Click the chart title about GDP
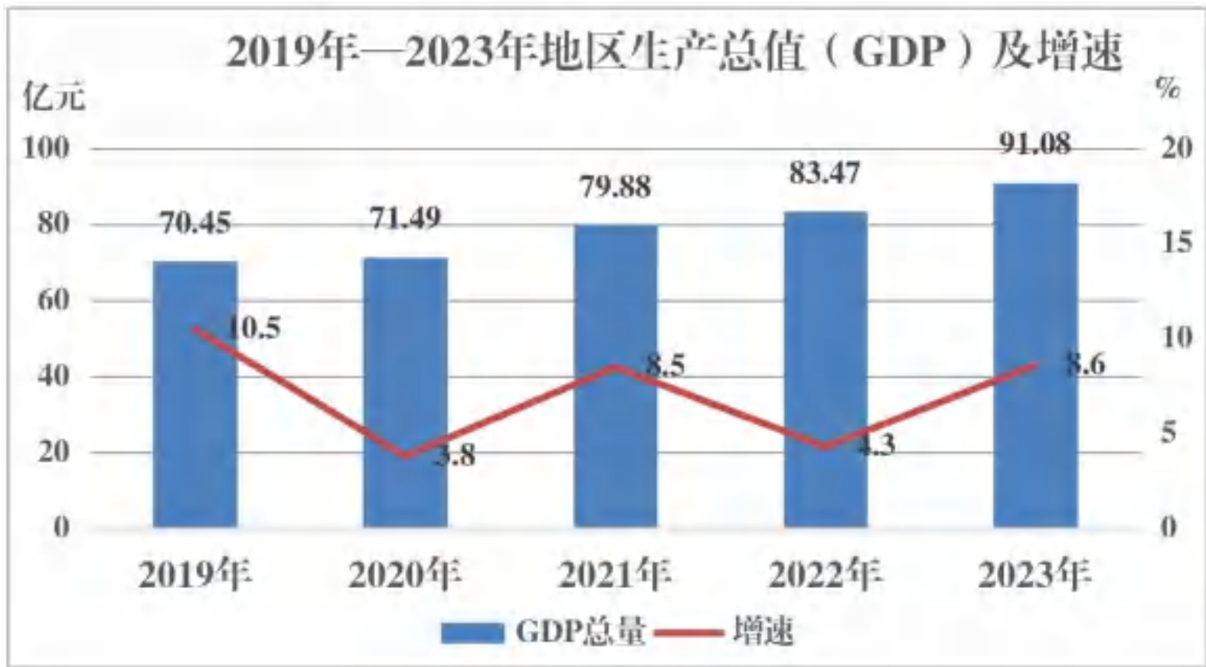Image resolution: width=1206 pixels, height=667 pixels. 674,52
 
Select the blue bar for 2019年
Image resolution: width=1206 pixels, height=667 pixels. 195,394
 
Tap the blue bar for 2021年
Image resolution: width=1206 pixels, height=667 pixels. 616,376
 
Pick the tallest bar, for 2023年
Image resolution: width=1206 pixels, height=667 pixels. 1036,355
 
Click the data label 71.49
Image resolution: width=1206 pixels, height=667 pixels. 405,218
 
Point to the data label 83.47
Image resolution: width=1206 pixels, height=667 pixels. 825,174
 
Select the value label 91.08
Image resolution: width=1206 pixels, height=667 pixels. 1034,144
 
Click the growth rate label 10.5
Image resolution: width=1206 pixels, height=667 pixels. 253,327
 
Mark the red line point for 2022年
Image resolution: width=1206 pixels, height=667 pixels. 825,446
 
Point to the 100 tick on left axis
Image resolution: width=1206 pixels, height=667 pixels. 47,149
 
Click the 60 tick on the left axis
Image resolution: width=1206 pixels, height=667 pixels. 54,300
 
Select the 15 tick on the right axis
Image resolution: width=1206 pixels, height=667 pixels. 1177,243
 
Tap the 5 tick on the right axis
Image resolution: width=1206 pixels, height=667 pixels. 1168,433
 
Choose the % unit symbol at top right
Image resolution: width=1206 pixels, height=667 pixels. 1168,88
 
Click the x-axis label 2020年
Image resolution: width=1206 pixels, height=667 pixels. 405,575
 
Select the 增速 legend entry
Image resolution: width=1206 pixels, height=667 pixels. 724,632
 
